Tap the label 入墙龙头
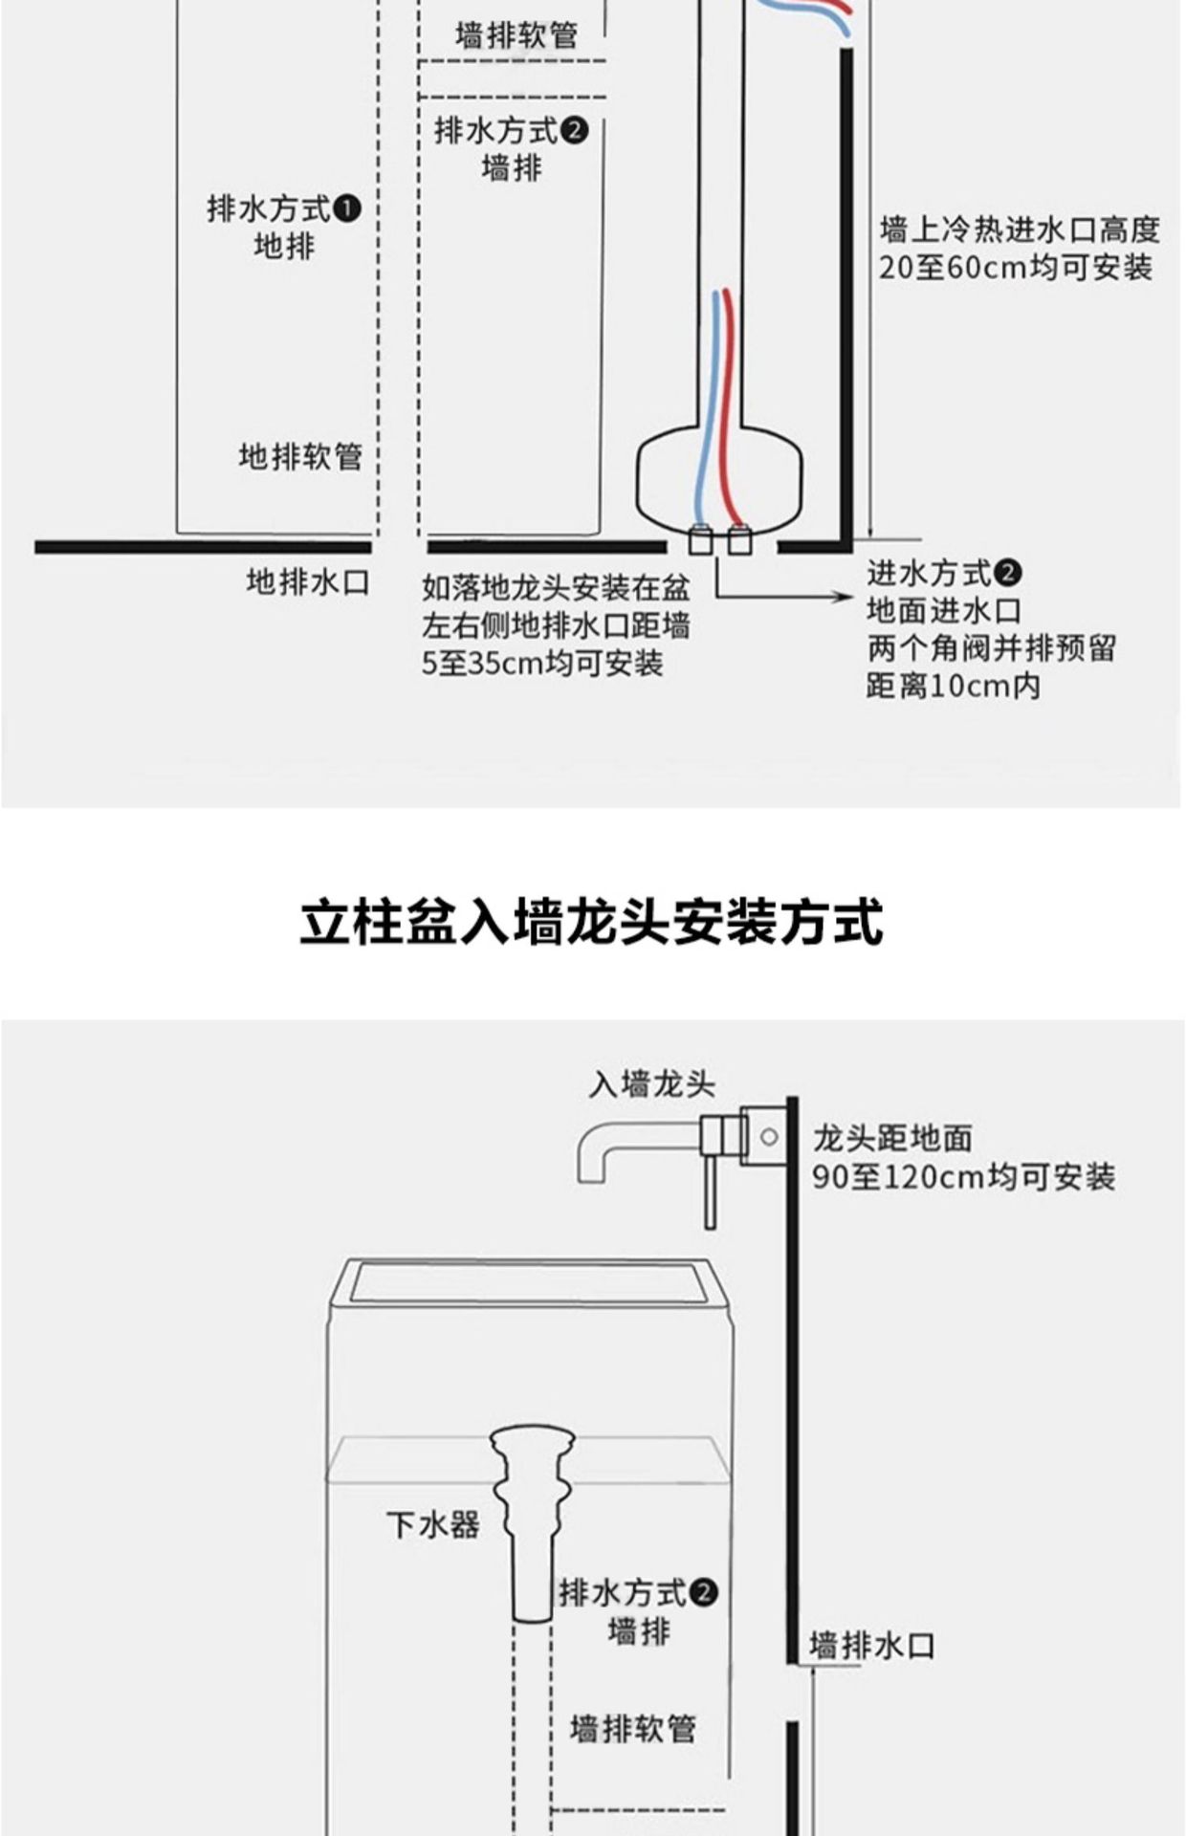point(651,1084)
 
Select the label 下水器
point(432,1524)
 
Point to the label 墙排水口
point(871,1646)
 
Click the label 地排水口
point(307,581)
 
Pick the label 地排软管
point(300,456)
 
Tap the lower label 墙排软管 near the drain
point(632,1728)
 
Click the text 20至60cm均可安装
point(1015,268)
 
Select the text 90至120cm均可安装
point(963,1176)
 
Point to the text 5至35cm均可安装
point(542,663)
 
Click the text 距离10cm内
point(953,686)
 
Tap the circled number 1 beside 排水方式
point(349,208)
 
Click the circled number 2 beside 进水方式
point(1008,574)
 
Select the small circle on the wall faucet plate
point(768,1137)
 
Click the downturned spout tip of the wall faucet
point(594,1174)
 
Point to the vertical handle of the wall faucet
point(710,1191)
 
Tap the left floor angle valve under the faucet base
point(700,540)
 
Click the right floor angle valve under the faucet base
point(738,540)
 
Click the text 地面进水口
point(943,611)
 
